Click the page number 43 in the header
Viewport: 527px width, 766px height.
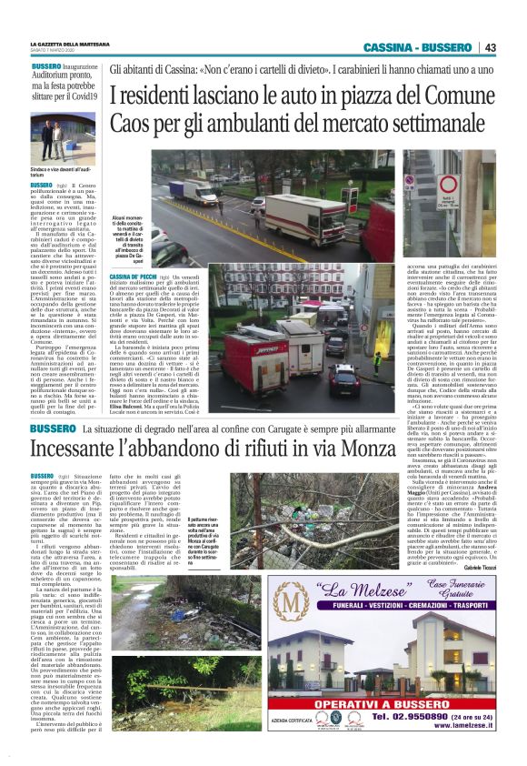490,47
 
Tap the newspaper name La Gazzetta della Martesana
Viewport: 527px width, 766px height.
70,43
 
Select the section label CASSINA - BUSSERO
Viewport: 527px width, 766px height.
416,47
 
